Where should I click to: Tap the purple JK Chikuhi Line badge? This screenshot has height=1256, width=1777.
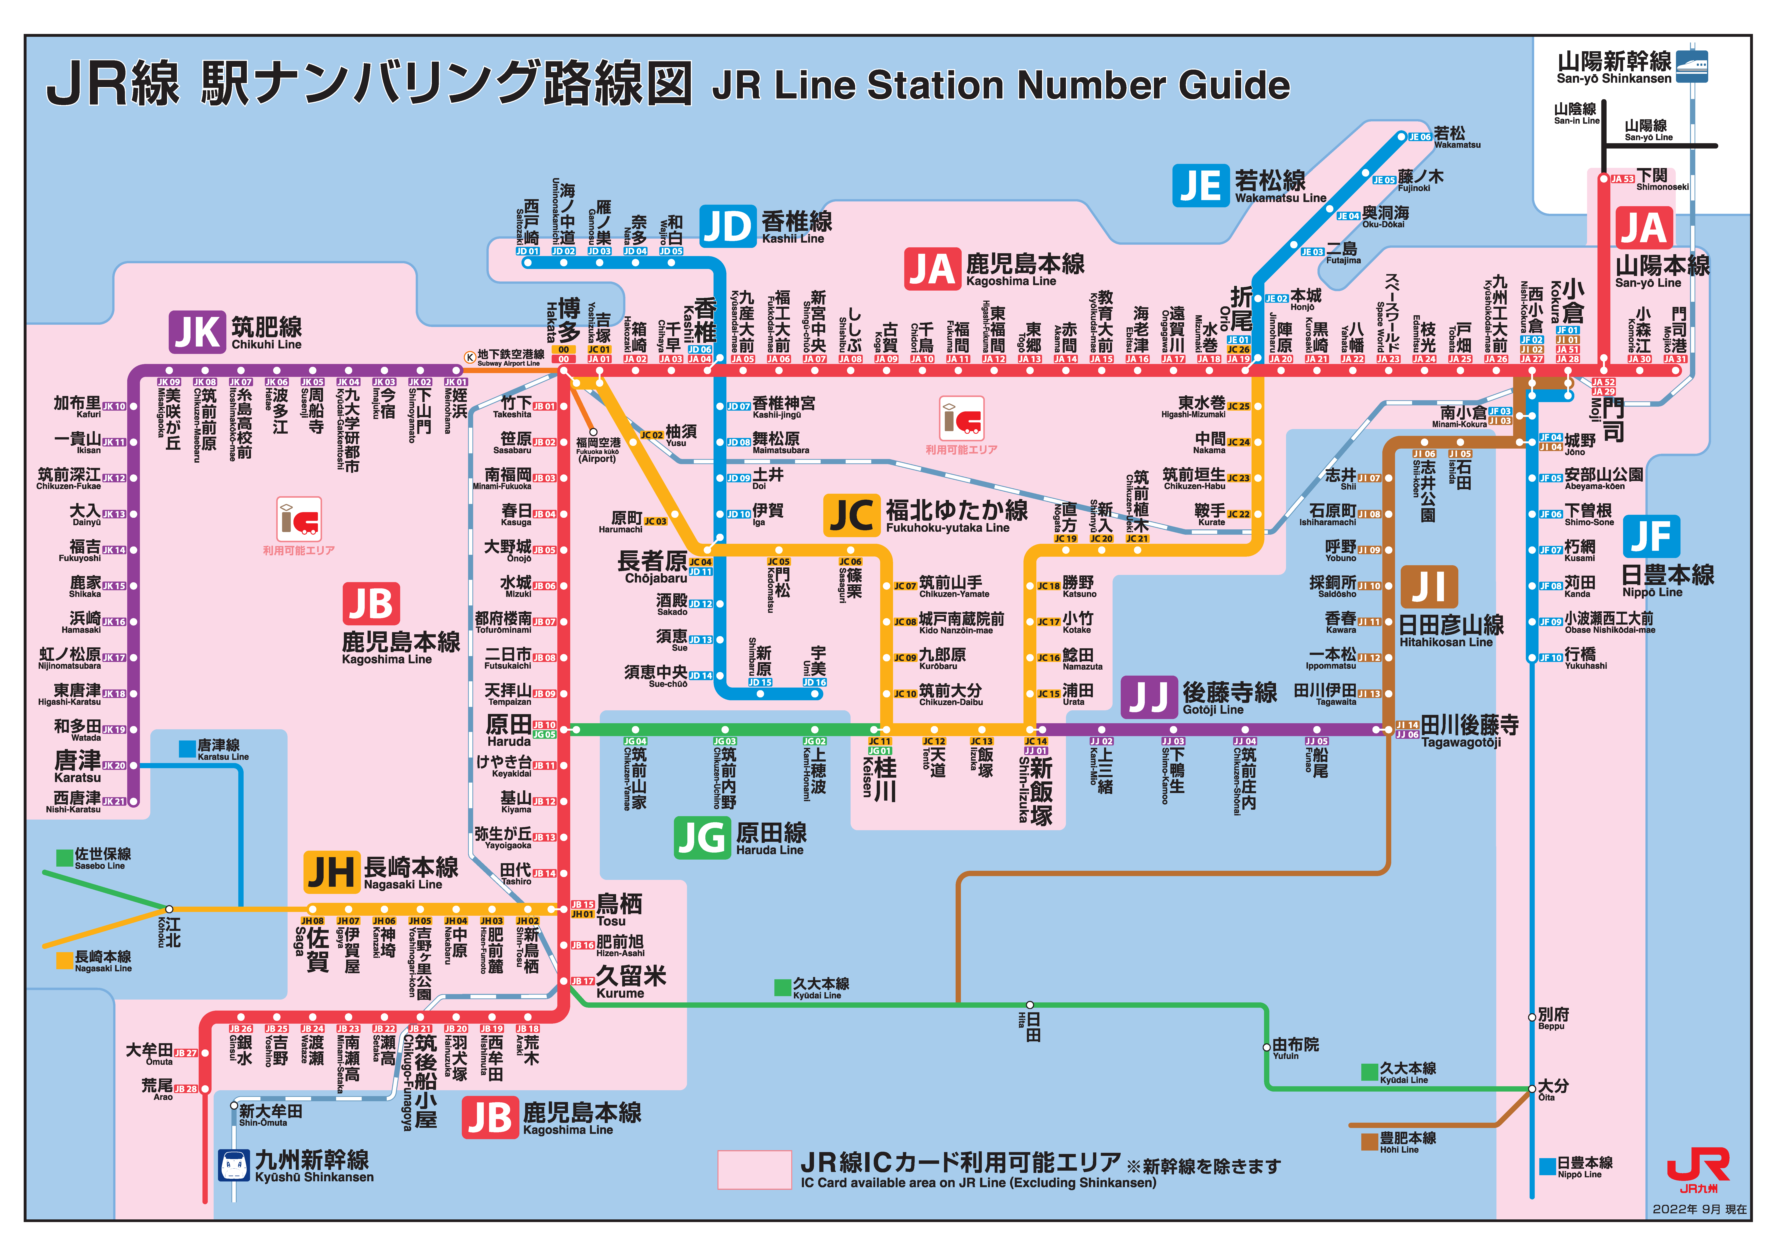pyautogui.click(x=197, y=332)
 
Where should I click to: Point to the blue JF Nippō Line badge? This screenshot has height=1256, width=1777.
pyautogui.click(x=1651, y=536)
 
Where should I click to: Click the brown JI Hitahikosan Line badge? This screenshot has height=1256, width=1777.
pyautogui.click(x=1429, y=587)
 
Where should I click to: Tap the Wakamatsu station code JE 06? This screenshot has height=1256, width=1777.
pyautogui.click(x=1419, y=137)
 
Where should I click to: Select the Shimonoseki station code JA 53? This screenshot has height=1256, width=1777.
pyautogui.click(x=1622, y=179)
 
